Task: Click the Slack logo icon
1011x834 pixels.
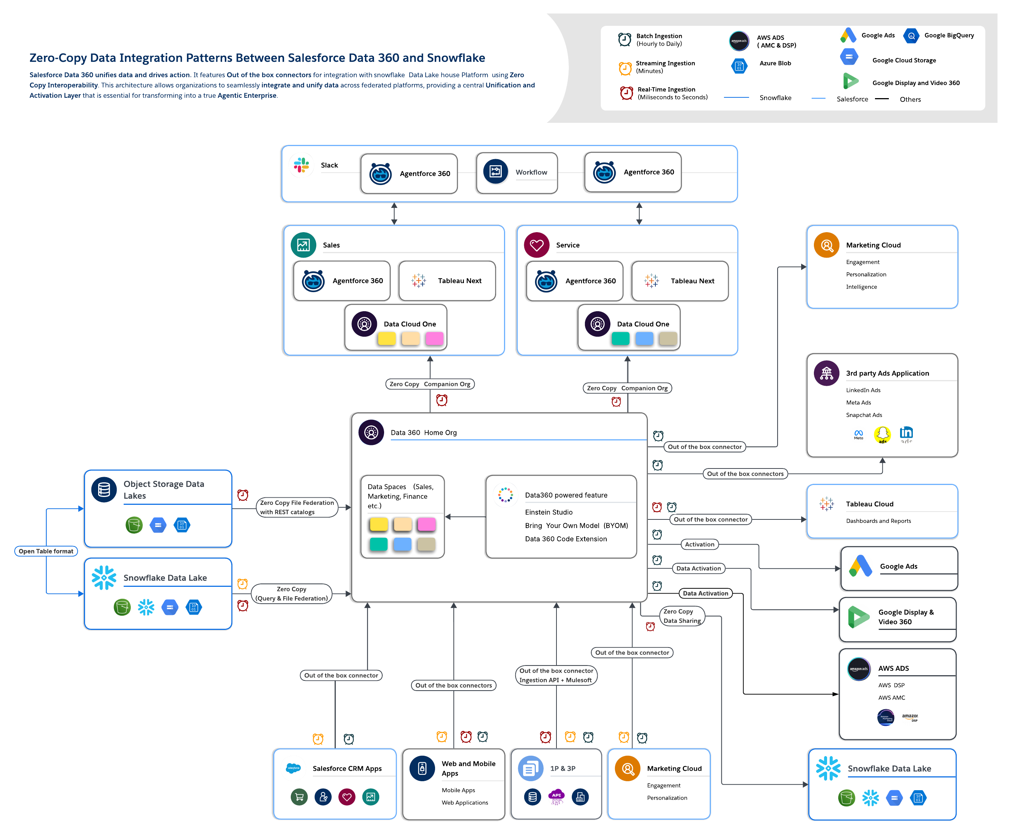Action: click(301, 165)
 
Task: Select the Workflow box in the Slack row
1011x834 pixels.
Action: click(517, 173)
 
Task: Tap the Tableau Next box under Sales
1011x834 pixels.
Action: click(447, 281)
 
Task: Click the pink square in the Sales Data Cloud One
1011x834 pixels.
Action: click(434, 339)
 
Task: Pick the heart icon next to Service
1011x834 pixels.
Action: click(537, 245)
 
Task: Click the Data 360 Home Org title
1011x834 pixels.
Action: click(423, 433)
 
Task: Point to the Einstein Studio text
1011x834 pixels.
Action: click(549, 512)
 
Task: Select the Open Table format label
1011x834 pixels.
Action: click(46, 551)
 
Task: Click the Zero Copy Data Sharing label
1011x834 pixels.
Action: click(682, 616)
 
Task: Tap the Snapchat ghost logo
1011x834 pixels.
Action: click(882, 434)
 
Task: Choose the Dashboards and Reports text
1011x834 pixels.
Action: click(878, 521)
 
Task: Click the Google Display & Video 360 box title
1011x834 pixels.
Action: click(906, 617)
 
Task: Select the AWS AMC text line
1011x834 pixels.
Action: click(891, 698)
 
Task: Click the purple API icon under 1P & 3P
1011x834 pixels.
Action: click(556, 797)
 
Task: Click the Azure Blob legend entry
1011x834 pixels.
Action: click(775, 63)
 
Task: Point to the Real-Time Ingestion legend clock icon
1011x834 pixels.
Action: click(626, 93)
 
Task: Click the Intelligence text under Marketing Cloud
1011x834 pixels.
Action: click(861, 287)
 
